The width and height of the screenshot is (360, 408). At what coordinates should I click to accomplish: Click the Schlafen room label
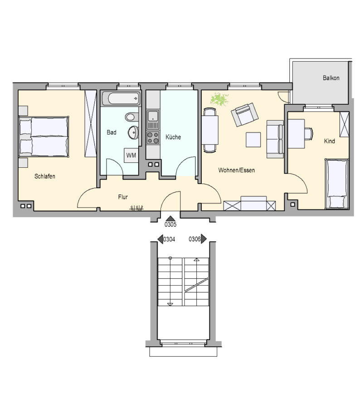[x=45, y=176]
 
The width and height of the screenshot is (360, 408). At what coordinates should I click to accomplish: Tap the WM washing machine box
[x=131, y=155]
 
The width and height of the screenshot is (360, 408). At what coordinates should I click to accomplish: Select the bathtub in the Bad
[x=121, y=98]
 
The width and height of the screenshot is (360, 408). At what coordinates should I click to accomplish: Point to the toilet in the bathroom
[x=132, y=117]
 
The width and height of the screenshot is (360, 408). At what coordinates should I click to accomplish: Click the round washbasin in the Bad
[x=133, y=132]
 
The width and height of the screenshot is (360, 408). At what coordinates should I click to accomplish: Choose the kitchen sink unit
[x=153, y=119]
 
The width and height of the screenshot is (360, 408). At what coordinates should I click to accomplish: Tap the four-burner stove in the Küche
[x=153, y=138]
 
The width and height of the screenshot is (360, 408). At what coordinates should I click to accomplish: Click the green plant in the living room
[x=219, y=99]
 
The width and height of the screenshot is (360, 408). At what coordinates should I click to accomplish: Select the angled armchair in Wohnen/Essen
[x=245, y=115]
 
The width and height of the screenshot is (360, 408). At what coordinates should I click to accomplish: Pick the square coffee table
[x=253, y=140]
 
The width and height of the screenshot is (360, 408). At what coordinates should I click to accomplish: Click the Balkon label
[x=331, y=78]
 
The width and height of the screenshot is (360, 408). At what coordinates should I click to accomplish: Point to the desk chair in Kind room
[x=309, y=134]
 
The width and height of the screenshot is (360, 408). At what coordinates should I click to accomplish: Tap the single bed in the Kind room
[x=337, y=184]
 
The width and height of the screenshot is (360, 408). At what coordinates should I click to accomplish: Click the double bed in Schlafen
[x=44, y=136]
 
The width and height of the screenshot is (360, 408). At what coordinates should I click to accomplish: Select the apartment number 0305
[x=170, y=224]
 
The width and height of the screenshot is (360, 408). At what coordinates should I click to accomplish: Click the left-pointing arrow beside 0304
[x=161, y=239]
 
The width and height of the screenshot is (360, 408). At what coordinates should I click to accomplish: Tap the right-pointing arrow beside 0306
[x=204, y=239]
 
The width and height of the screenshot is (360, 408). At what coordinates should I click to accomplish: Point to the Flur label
[x=123, y=197]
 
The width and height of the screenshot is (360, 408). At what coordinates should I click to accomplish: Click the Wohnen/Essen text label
[x=237, y=170]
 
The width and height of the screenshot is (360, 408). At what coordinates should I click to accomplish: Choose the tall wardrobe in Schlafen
[x=91, y=124]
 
